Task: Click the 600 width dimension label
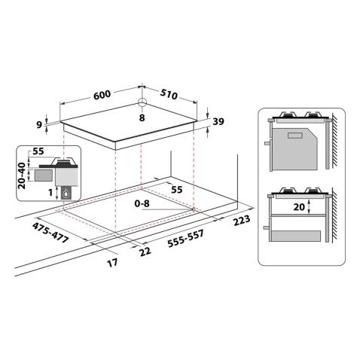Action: (102, 95)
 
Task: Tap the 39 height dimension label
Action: (218, 121)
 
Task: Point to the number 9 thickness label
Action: (39, 125)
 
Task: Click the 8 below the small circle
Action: (142, 117)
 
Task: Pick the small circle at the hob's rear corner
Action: (142, 102)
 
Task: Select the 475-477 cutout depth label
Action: (50, 233)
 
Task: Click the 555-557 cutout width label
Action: (185, 239)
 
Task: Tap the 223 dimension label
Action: (242, 220)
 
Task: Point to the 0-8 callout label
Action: (142, 203)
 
